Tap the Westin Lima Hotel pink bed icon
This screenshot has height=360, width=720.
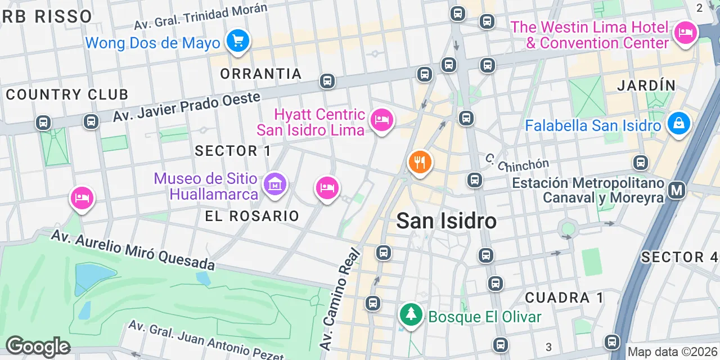pyautogui.click(x=685, y=33)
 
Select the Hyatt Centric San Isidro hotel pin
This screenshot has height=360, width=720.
pyautogui.click(x=382, y=120)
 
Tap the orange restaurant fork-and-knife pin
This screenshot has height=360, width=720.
pyautogui.click(x=420, y=163)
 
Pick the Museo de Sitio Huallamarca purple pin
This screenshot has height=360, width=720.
pyautogui.click(x=275, y=184)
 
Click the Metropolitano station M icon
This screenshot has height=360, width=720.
pyautogui.click(x=677, y=191)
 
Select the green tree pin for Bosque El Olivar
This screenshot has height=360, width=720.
pyautogui.click(x=412, y=314)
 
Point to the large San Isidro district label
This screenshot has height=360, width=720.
pyautogui.click(x=447, y=221)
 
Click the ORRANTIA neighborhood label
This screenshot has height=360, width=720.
pyautogui.click(x=261, y=74)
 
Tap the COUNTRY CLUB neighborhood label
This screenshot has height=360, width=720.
pyautogui.click(x=67, y=94)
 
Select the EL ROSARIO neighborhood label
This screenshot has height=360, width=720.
pyautogui.click(x=252, y=216)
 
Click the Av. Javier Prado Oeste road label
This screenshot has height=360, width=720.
pyautogui.click(x=187, y=106)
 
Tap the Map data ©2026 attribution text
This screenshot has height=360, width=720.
pyautogui.click(x=673, y=352)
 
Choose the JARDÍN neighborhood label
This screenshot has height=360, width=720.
pyautogui.click(x=646, y=85)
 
